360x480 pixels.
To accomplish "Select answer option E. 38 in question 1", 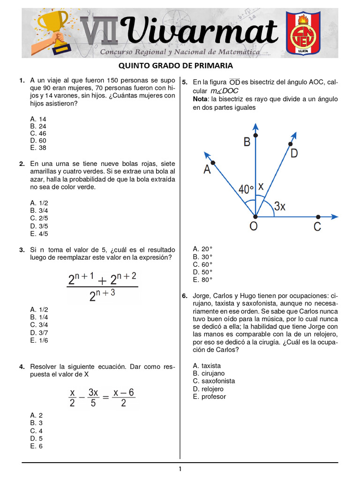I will pyautogui.click(x=38, y=148).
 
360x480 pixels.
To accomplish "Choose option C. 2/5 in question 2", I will pyautogui.click(x=39, y=218).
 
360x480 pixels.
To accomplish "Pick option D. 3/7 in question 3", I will pyautogui.click(x=39, y=332).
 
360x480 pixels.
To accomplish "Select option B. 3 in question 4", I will pyautogui.click(x=37, y=423).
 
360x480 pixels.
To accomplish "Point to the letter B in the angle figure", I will pyautogui.click(x=247, y=142).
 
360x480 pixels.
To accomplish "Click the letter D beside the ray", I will pyautogui.click(x=294, y=153).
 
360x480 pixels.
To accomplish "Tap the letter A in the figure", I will pyautogui.click(x=207, y=170).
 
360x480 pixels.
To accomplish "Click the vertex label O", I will pyautogui.click(x=253, y=227).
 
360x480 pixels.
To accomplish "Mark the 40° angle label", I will pyautogui.click(x=246, y=189).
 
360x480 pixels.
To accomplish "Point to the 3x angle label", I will pyautogui.click(x=280, y=206).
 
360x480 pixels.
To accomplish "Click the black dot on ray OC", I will pyautogui.click(x=318, y=217).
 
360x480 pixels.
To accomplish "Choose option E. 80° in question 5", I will pyautogui.click(x=203, y=279).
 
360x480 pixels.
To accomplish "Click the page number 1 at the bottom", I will pyautogui.click(x=180, y=469).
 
